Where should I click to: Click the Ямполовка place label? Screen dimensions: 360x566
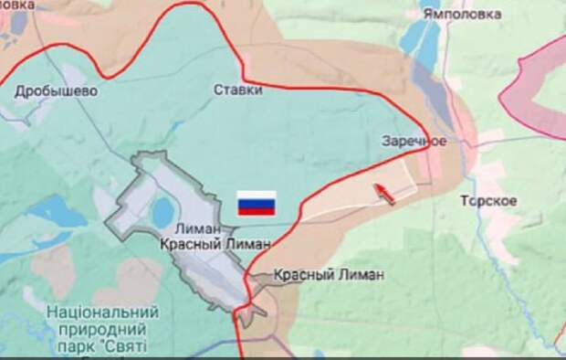pyautogui.click(x=461, y=14)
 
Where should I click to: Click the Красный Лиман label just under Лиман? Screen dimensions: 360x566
pyautogui.click(x=215, y=244)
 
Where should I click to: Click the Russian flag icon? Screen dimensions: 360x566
pyautogui.click(x=257, y=203)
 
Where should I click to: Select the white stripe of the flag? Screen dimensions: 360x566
pyautogui.click(x=257, y=196)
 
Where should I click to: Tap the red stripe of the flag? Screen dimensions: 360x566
pyautogui.click(x=257, y=210)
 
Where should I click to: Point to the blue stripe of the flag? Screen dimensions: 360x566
pyautogui.click(x=257, y=203)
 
